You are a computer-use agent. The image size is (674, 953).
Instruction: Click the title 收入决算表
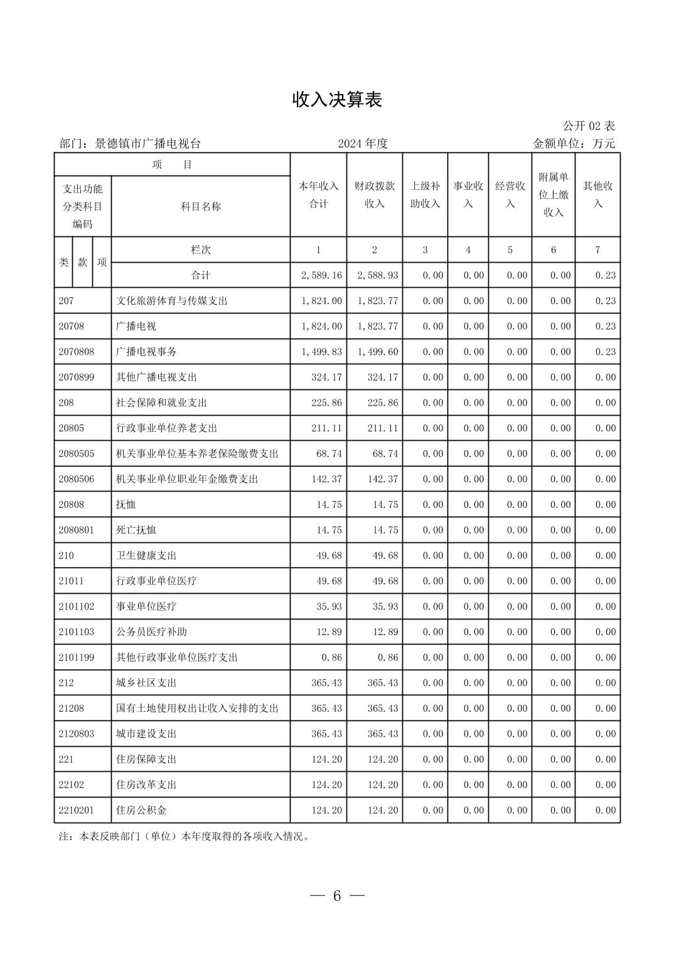coord(337,100)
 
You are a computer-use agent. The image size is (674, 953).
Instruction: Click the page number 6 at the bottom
coord(337,896)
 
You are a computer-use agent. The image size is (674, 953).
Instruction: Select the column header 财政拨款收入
coord(375,195)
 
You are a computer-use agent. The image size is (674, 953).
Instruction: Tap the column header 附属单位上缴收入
coord(553,195)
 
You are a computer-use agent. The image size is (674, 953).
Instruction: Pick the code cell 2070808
coord(77,352)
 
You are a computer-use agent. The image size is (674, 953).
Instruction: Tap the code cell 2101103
coord(77,632)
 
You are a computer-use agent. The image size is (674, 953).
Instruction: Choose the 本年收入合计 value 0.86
coord(331,658)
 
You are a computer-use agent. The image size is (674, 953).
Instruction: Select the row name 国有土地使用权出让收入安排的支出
coord(197,708)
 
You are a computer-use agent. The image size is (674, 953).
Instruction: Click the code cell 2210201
coord(77,810)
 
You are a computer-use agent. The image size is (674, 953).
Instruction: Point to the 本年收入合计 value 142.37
coord(326,479)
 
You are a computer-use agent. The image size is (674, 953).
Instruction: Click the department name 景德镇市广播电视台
coord(147,144)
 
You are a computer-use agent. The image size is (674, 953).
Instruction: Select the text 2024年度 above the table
coord(363,144)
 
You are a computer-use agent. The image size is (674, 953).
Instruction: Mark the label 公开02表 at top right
coord(588,126)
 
